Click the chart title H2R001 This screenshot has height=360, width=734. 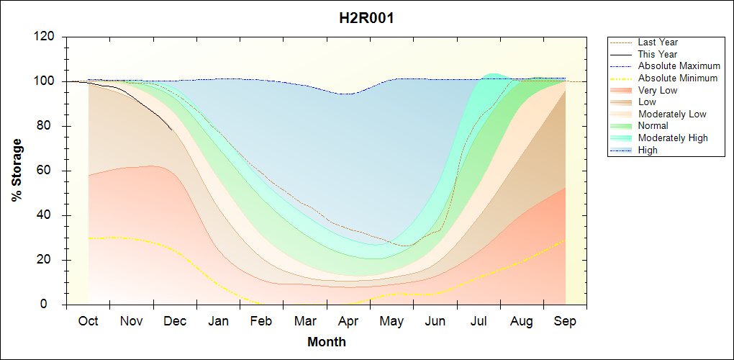pos(366,18)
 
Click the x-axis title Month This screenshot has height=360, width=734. pos(327,341)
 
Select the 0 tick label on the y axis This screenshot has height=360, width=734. pos(55,305)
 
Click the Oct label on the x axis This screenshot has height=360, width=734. pos(88,321)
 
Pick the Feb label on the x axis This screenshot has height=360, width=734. pos(261,321)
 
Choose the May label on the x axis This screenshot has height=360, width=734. pos(391,321)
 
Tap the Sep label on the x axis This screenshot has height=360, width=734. pos(565,321)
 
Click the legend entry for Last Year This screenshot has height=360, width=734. pos(658,42)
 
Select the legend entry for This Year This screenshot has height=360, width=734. pos(658,54)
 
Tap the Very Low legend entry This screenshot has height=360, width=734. pos(658,90)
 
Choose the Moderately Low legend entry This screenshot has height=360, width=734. pos(672,114)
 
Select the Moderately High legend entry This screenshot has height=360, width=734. pos(673,138)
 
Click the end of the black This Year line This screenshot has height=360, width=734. pos(172,130)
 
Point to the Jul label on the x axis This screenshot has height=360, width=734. pos(478,321)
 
